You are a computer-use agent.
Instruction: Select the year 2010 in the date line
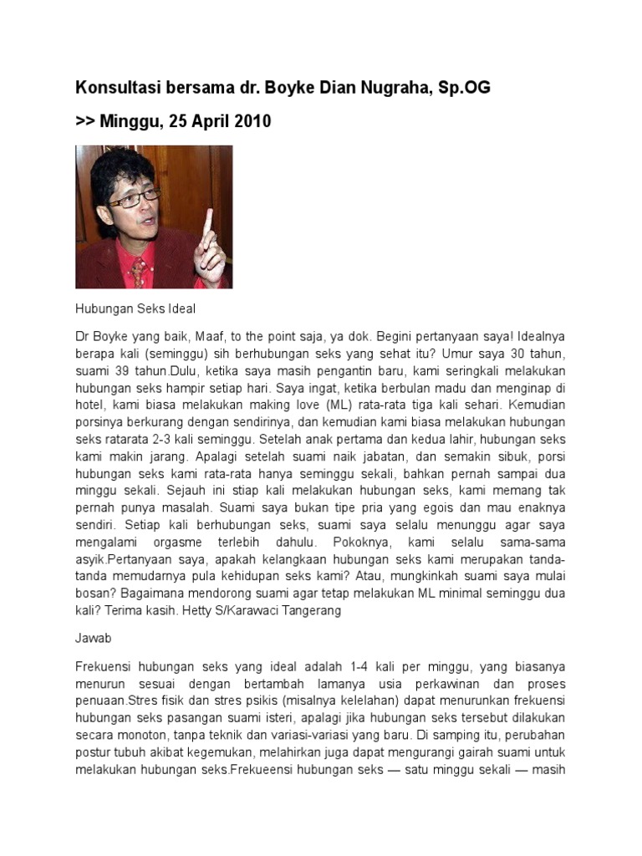click(x=251, y=121)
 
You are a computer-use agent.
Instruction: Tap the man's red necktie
click(x=138, y=273)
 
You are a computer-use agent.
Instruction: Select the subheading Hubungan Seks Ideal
click(x=135, y=309)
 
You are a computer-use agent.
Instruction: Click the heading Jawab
click(x=93, y=637)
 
